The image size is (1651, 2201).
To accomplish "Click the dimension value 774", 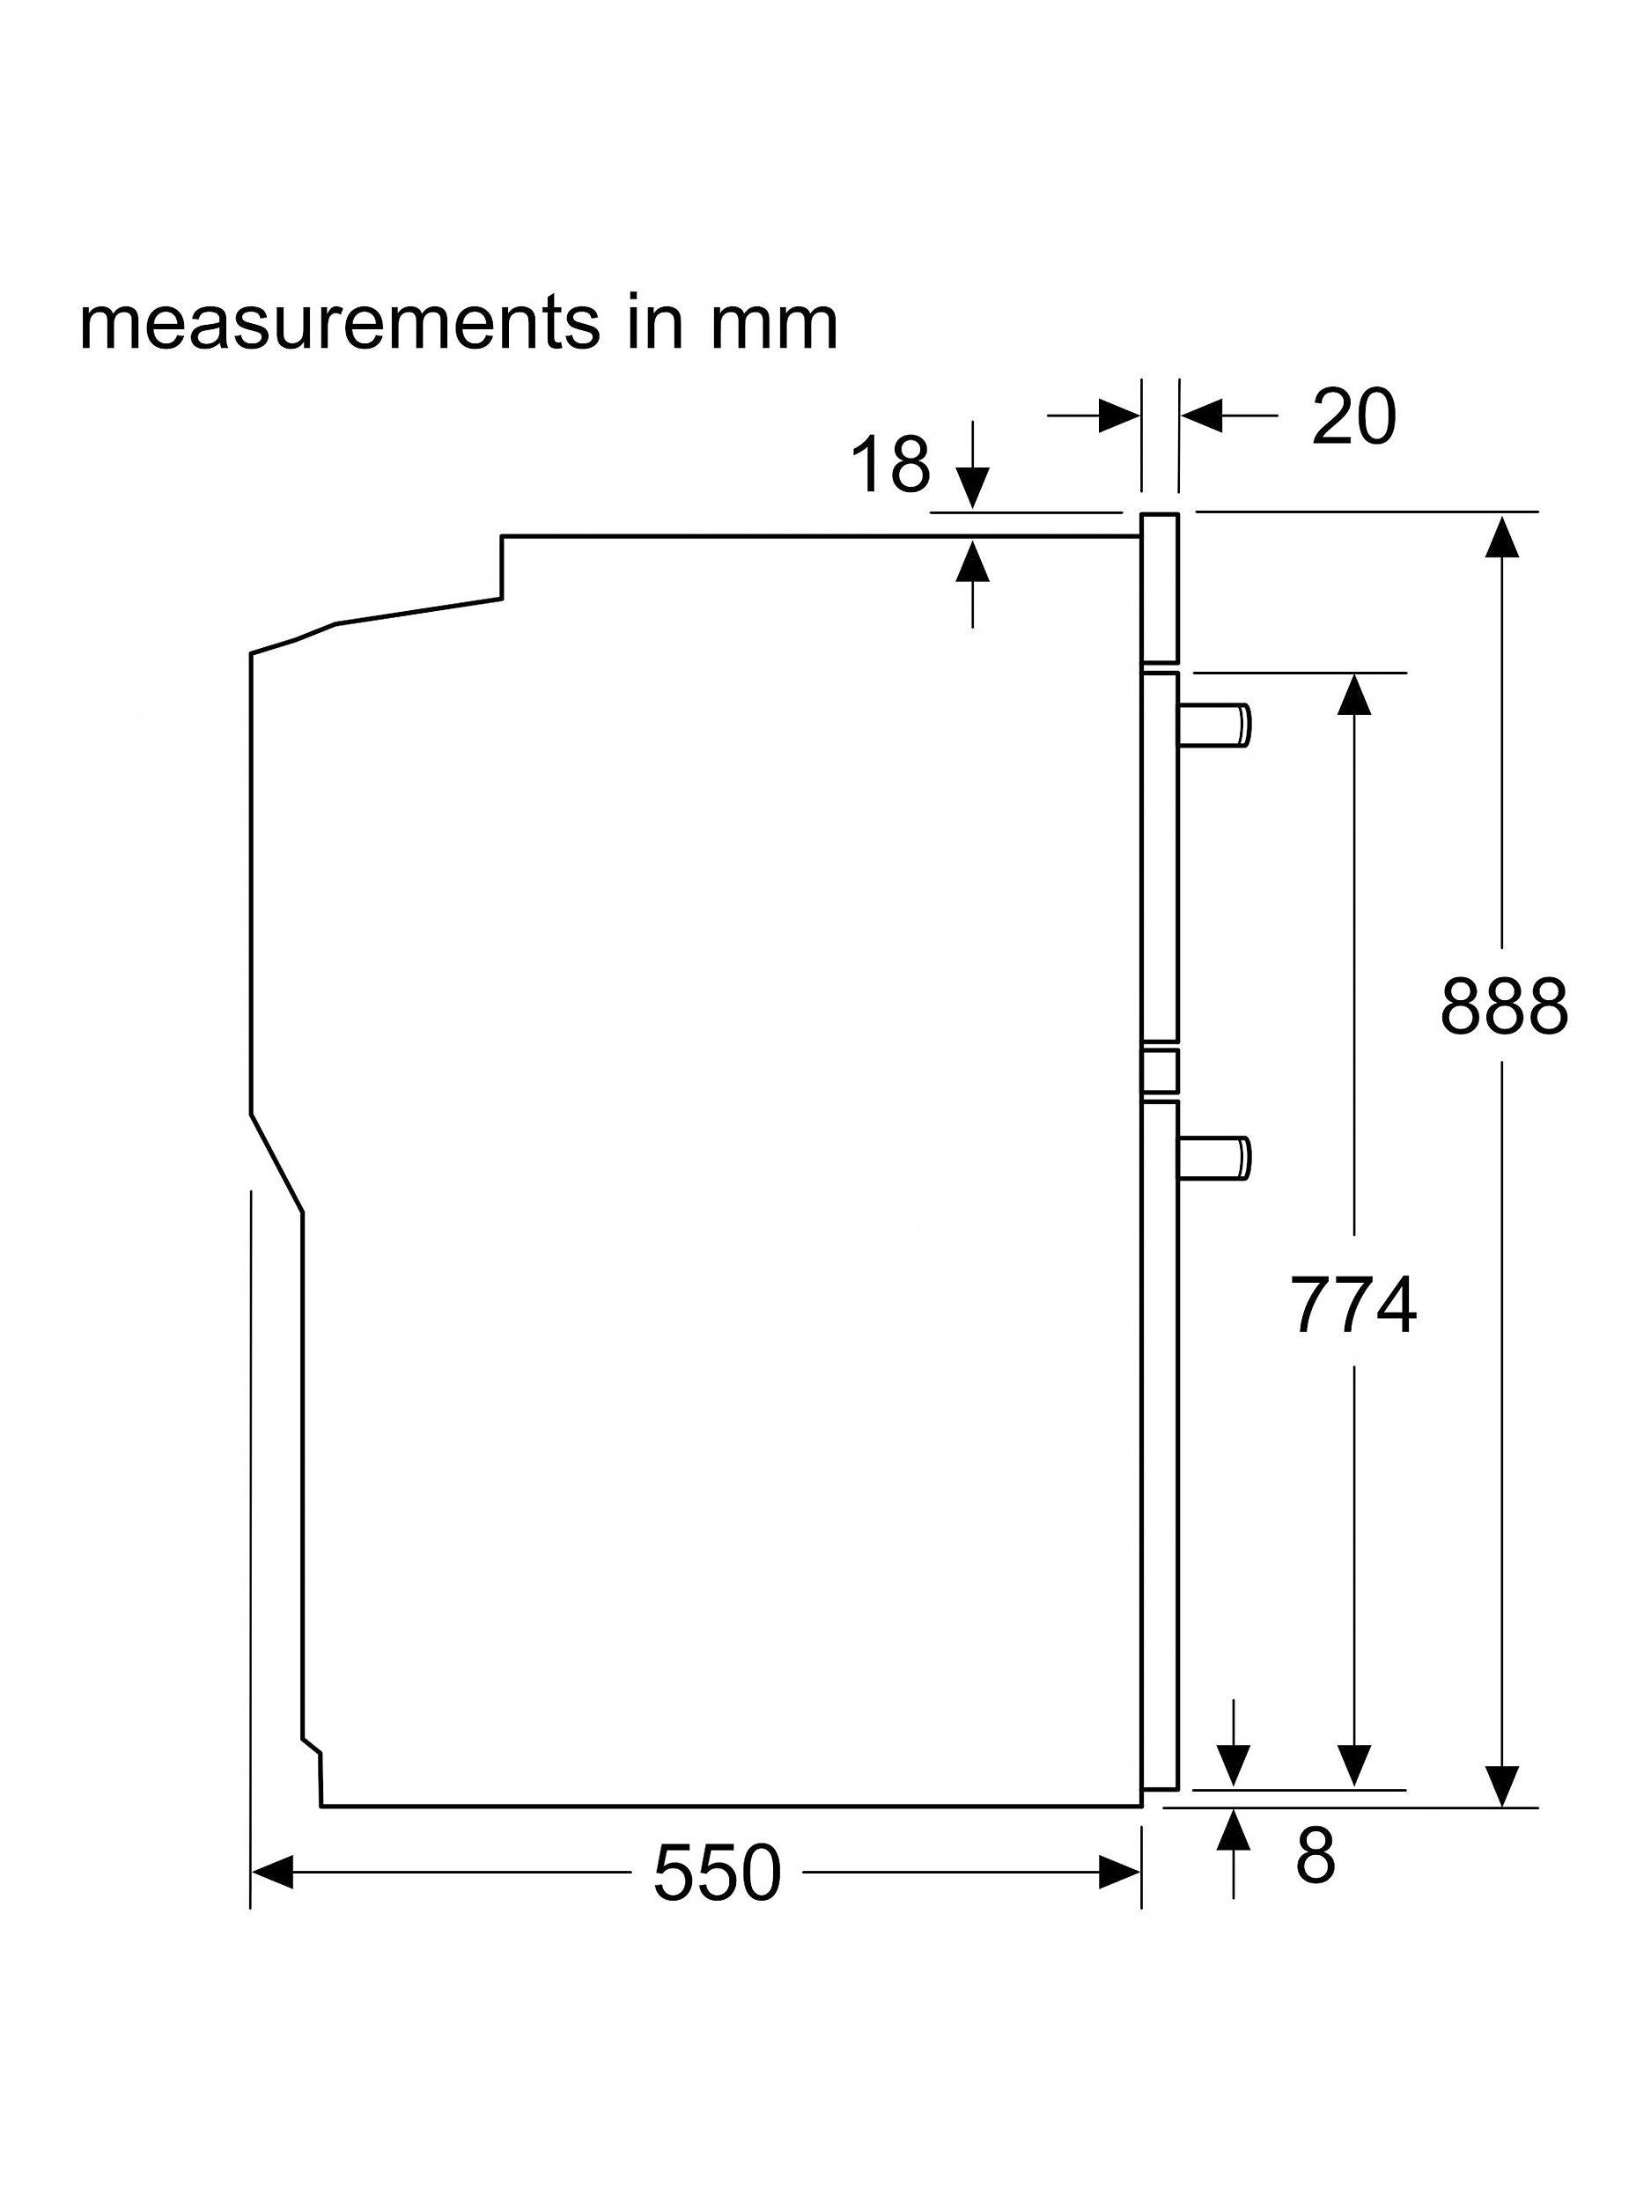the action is coord(1352,1305).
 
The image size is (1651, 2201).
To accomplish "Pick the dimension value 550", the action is coord(717,1872).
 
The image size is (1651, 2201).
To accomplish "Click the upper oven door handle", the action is coord(1214,723).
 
